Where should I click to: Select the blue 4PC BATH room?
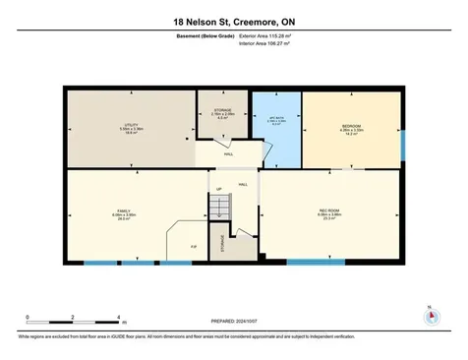[275, 128]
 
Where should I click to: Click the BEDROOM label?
[351, 127]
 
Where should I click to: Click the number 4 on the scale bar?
[118, 318]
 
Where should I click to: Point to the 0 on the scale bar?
[28, 318]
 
